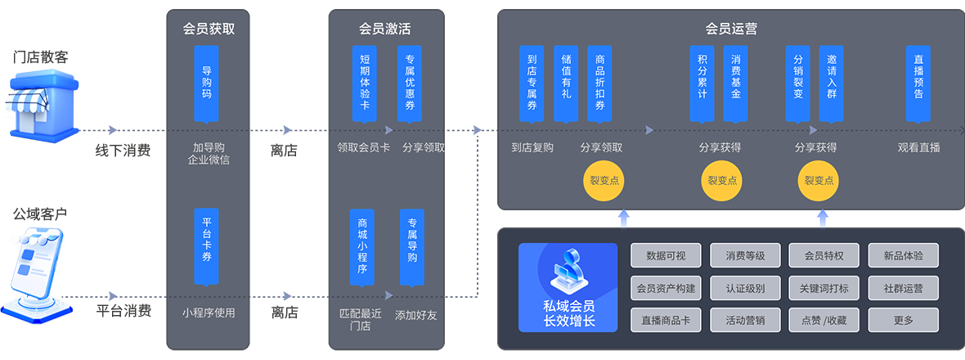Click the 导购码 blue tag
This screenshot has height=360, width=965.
[207, 83]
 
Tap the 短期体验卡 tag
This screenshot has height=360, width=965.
[365, 83]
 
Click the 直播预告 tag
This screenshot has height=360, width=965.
[918, 83]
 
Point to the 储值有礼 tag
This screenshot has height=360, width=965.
[566, 83]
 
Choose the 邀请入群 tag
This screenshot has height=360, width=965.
[831, 83]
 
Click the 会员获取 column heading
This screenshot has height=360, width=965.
[209, 29]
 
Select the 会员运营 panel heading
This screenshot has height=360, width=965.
[730, 29]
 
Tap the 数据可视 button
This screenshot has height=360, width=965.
[666, 255]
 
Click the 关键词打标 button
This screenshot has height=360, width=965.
[824, 288]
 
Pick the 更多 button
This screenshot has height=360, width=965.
[903, 320]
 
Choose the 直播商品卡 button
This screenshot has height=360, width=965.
[666, 320]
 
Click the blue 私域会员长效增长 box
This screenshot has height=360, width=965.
[568, 287]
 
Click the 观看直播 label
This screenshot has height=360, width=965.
[918, 148]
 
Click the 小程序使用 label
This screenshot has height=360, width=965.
[209, 312]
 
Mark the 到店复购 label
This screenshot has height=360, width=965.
[532, 148]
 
